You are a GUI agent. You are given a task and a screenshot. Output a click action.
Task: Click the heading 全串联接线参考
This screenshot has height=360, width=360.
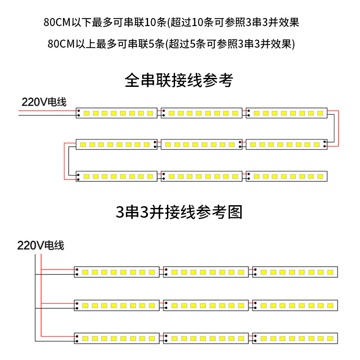pyautogui.click(x=179, y=81)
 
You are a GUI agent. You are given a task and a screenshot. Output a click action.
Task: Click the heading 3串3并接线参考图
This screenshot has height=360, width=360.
pyautogui.click(x=179, y=212)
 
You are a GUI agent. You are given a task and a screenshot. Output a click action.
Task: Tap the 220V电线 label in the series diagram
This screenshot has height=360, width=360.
pyautogui.click(x=44, y=102)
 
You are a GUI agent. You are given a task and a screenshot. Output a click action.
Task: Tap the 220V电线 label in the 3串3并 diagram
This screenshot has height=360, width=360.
pyautogui.click(x=40, y=245)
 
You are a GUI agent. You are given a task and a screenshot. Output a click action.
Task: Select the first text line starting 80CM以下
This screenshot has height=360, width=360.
pyautogui.click(x=171, y=22)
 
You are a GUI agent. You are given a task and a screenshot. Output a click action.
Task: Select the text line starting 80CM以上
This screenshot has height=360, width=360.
pyautogui.click(x=171, y=44)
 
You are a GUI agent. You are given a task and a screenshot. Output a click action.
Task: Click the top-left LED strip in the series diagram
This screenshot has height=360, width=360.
pyautogui.click(x=117, y=113)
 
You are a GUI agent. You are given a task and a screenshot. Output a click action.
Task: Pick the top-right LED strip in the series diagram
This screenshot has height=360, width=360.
pyautogui.click(x=287, y=113)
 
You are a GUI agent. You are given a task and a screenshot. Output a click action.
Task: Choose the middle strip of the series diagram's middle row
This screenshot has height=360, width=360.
pyautogui.click(x=202, y=144)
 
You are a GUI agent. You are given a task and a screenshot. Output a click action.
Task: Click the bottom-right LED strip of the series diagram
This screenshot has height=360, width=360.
pyautogui.click(x=287, y=176)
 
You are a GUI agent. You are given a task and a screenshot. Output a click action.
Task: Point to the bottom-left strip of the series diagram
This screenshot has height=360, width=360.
pyautogui.click(x=117, y=176)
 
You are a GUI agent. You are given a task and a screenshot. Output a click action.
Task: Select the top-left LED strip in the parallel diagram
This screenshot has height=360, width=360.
pyautogui.click(x=117, y=272)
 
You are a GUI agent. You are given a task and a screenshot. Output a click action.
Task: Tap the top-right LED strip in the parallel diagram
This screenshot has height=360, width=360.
pyautogui.click(x=295, y=272)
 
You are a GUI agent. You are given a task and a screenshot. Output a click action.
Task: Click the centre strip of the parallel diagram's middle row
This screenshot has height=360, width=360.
pyautogui.click(x=206, y=306)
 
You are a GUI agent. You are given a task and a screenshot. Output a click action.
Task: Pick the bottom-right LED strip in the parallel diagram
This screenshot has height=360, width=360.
pyautogui.click(x=295, y=338)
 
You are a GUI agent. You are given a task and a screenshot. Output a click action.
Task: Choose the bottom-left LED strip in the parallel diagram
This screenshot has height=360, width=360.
pyautogui.click(x=117, y=338)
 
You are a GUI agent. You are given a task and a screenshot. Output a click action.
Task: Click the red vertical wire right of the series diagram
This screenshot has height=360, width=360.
pyautogui.click(x=338, y=129)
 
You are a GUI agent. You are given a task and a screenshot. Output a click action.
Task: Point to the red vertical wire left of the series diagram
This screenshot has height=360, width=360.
pyautogui.click(x=64, y=161)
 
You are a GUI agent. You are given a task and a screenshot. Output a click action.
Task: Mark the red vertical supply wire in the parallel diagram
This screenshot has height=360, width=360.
pyautogui.click(x=41, y=295)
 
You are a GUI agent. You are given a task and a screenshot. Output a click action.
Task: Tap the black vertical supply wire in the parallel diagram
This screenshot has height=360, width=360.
pyautogui.click(x=35, y=298)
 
